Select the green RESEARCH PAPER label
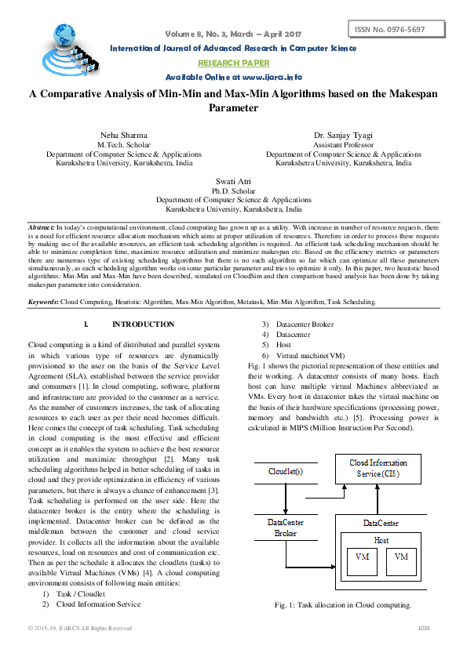click(x=233, y=63)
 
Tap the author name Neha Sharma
click(x=116, y=136)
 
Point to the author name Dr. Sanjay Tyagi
click(x=343, y=136)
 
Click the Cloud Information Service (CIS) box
click(x=378, y=468)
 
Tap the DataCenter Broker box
click(x=286, y=528)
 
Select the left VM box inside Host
click(x=362, y=557)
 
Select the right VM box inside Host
click(x=401, y=557)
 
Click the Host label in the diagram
click(x=381, y=540)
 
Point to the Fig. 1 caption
click(x=343, y=605)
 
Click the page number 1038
click(x=424, y=628)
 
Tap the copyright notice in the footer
click(x=80, y=628)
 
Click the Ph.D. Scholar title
click(x=233, y=191)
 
